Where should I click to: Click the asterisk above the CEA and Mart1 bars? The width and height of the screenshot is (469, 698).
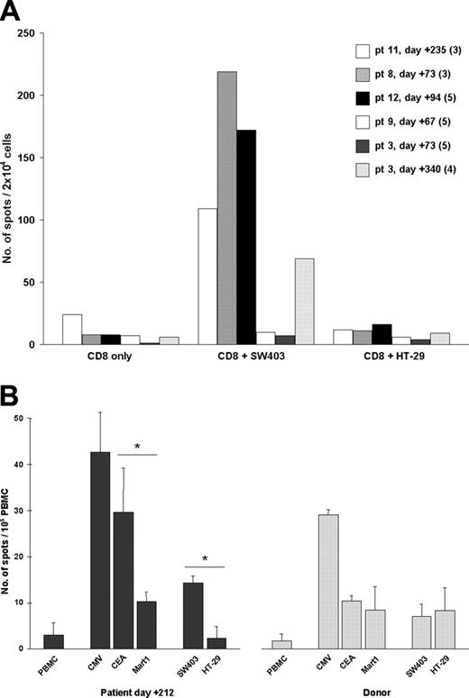click(x=137, y=447)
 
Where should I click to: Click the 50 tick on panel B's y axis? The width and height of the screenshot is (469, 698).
click(x=37, y=418)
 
